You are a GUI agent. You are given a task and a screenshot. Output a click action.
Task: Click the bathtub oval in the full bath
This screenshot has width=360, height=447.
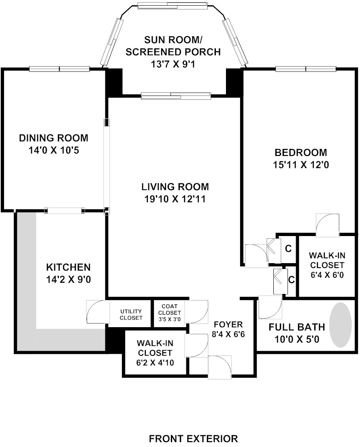pos(341,324)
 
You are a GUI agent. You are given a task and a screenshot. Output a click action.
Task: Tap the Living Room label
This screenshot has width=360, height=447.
pos(175,187)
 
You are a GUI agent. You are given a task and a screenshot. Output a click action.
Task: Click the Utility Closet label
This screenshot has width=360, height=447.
pos(131,314)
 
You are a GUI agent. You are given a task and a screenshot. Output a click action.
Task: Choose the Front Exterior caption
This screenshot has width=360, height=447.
pos(193,438)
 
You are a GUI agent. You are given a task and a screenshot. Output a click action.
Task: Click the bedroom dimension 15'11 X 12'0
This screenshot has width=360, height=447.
pos(300,165)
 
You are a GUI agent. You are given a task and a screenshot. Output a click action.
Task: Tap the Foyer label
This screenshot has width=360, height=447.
pos(228,324)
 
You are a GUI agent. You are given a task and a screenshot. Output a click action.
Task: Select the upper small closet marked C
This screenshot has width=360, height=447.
pos(288,249)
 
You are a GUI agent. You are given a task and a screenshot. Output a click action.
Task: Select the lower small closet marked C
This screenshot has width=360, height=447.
pos(291,279)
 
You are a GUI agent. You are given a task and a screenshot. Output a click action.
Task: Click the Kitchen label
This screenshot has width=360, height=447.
pos(68,268)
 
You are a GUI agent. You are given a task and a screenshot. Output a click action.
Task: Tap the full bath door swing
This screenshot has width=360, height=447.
pos(270,307)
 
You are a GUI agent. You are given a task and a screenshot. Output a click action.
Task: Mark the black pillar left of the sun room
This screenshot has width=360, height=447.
pos(114,82)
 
